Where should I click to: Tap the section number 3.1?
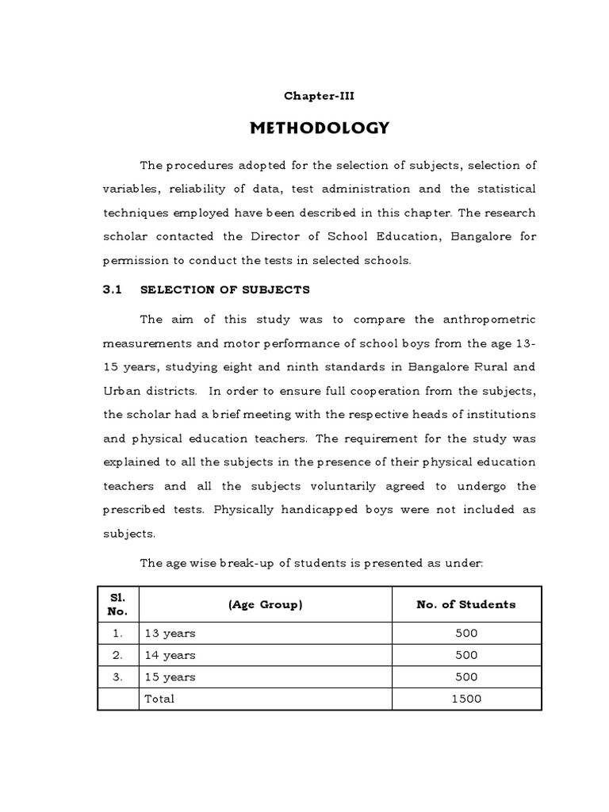[x=110, y=289]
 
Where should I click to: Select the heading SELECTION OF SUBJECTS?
[x=224, y=289]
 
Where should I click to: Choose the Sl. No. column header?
[x=117, y=604]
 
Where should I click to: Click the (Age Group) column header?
[x=265, y=604]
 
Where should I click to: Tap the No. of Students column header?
[x=466, y=604]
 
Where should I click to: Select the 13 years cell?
[x=170, y=634]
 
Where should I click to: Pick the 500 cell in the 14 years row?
[x=466, y=655]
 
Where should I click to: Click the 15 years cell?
[x=170, y=676]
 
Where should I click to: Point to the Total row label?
[x=159, y=699]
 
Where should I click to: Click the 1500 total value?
[x=466, y=699]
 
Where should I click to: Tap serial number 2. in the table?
[x=117, y=655]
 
